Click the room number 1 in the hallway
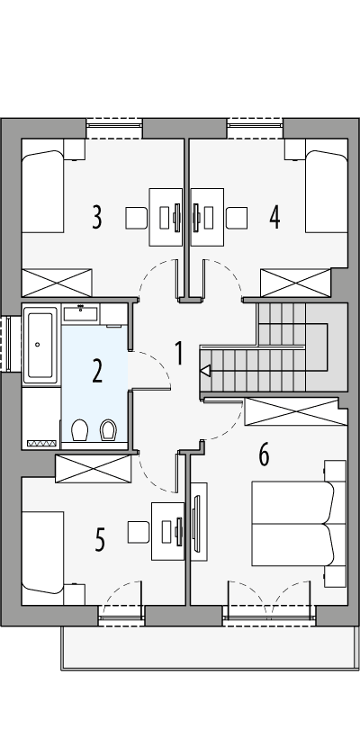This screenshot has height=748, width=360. click(179, 354)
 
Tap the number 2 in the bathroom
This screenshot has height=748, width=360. click(96, 371)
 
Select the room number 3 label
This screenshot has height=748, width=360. click(96, 217)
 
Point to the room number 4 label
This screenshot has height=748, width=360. click(274, 217)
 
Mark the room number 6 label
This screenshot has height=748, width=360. click(264, 455)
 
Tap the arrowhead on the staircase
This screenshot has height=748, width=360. click(204, 370)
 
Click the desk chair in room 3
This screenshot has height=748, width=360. click(136, 218)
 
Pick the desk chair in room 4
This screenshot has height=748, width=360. click(237, 218)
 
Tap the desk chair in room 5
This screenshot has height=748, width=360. click(139, 532)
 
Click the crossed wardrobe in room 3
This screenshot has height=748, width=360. click(57, 282)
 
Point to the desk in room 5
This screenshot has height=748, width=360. click(168, 532)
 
